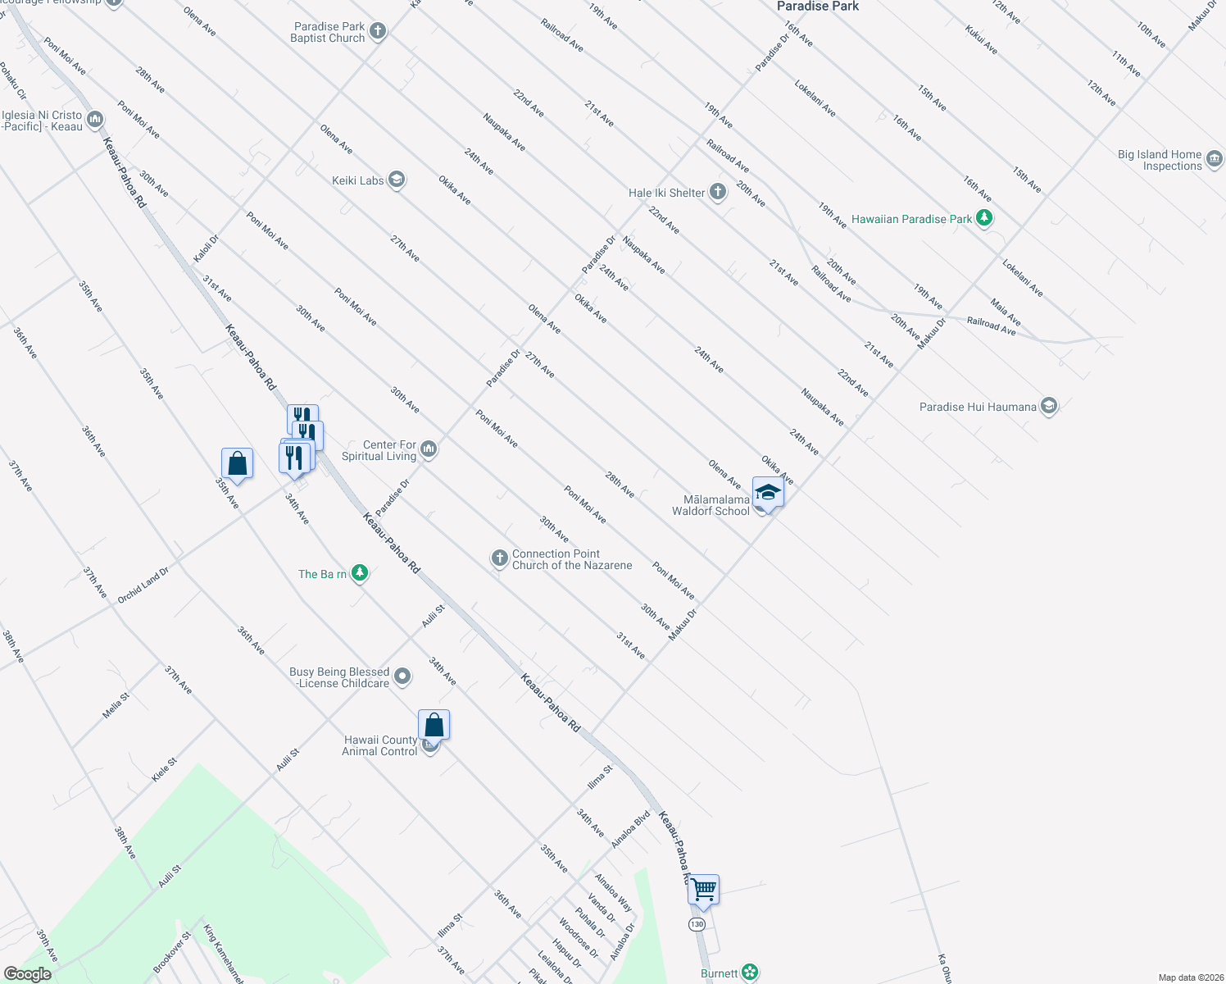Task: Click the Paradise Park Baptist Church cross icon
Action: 377,32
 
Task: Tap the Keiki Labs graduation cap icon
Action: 397,180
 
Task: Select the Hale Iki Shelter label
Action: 666,193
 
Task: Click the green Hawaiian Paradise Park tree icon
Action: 984,218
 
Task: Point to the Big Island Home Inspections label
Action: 1159,160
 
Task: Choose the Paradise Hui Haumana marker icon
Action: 1048,406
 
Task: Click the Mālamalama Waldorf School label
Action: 711,505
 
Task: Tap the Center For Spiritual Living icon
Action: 429,449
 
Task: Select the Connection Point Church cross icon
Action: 499,558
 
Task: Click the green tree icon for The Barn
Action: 359,573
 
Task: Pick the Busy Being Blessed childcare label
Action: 339,677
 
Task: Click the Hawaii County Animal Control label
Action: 379,745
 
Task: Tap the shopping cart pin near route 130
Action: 703,890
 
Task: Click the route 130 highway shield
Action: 697,924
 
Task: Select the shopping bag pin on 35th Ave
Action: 237,464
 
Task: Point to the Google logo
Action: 27,974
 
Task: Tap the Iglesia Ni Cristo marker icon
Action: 94,121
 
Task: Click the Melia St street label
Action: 116,706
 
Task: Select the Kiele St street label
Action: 164,770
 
